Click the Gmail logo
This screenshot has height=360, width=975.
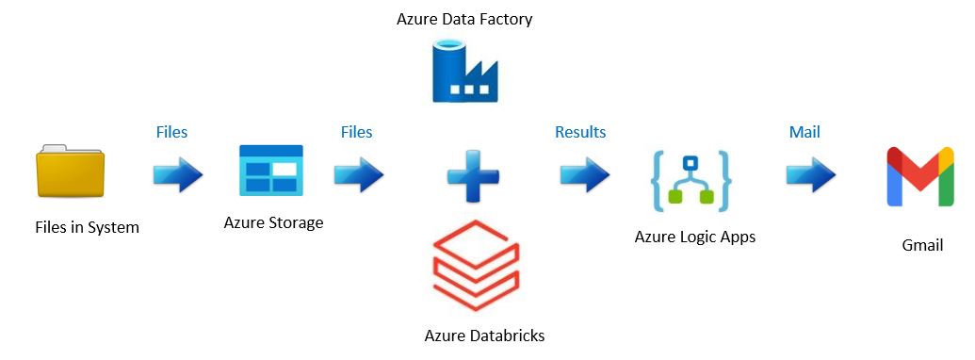[919, 177]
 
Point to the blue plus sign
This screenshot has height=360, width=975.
[473, 175]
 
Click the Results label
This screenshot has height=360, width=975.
[580, 132]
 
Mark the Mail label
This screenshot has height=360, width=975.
[804, 132]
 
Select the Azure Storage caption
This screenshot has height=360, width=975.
[273, 222]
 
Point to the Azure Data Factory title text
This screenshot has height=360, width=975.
[464, 19]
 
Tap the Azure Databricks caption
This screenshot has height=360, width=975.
[484, 335]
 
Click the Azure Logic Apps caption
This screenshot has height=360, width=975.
[695, 237]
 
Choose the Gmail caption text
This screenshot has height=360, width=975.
[921, 245]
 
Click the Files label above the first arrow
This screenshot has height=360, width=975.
[171, 132]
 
